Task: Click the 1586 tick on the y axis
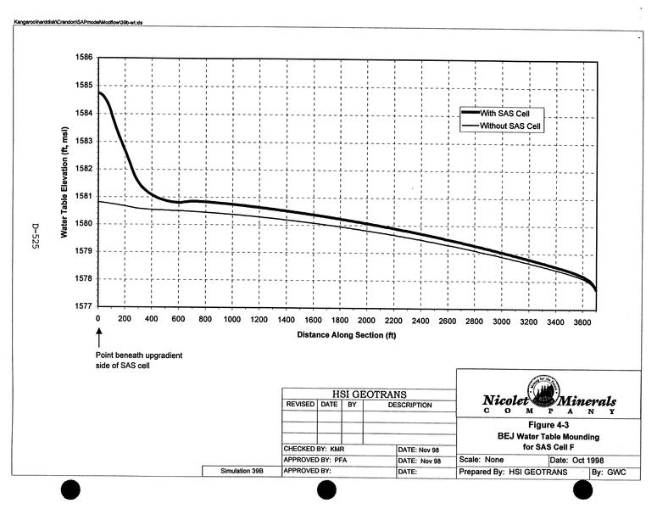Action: point(84,57)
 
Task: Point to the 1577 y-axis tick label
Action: point(84,306)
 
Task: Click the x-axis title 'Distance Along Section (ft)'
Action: point(346,334)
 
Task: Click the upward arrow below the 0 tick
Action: point(99,338)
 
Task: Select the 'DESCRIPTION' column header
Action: point(409,406)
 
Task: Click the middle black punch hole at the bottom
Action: point(327,490)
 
